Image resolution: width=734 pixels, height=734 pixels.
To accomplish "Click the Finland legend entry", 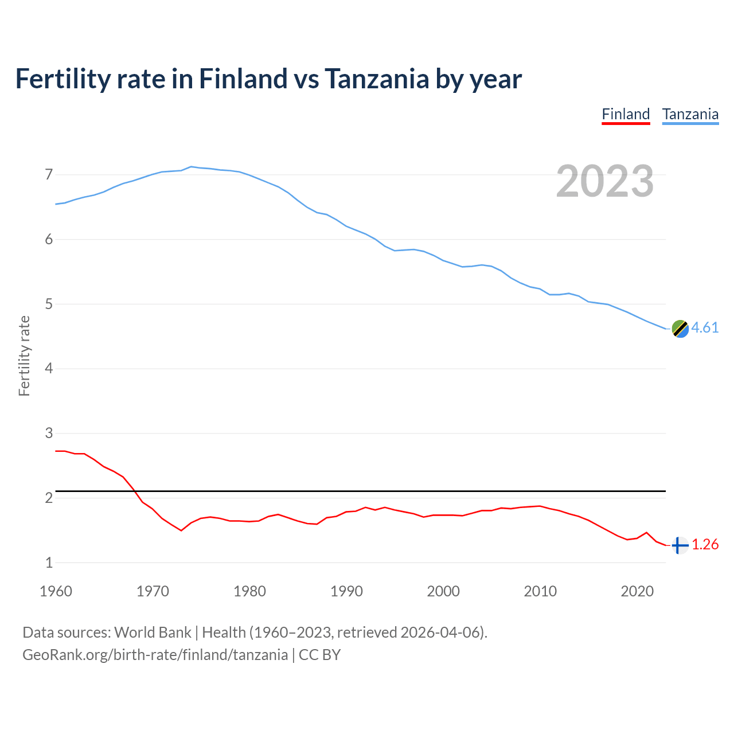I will (626, 114).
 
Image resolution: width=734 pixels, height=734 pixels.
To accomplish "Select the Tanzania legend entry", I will (690, 114).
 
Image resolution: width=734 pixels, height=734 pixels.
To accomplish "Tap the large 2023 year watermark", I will (605, 181).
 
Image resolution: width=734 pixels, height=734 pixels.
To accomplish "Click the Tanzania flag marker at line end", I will (680, 329).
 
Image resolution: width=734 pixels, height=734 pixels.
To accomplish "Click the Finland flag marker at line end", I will (680, 545).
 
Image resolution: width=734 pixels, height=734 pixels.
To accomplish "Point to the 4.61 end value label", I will (705, 327).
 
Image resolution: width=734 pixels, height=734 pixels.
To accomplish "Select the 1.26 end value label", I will (705, 544).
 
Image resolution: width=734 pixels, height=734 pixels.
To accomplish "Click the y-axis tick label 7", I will (49, 174).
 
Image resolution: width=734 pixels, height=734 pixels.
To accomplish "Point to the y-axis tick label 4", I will (49, 368).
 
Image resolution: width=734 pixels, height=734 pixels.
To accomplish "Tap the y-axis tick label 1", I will (49, 563).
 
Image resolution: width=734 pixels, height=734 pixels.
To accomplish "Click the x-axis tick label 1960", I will (56, 591).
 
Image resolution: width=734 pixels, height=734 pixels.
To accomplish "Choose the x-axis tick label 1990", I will (346, 591).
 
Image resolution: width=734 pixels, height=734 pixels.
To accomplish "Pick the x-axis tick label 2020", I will (637, 591).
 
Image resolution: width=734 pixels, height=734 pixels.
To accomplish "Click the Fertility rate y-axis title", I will (24, 356).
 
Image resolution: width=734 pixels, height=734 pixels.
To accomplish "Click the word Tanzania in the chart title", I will (376, 79).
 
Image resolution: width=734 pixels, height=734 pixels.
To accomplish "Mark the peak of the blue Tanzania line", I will (191, 166).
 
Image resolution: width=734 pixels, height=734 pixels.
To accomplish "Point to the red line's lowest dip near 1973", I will (181, 530).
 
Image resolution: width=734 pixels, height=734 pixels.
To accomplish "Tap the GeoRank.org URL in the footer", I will (155, 655).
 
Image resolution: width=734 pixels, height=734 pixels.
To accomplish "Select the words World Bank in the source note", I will (153, 633).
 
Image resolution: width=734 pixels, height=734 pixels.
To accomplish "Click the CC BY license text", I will (320, 655).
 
